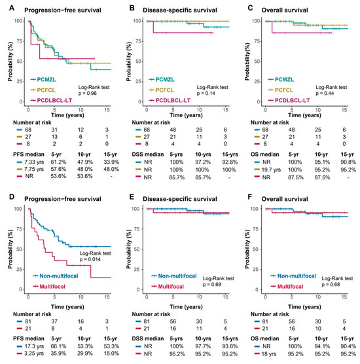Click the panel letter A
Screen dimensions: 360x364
(x=12, y=8)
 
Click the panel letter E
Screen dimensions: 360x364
(x=132, y=197)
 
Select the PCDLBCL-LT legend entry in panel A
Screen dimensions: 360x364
(x=51, y=100)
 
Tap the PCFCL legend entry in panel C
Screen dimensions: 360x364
(x=281, y=90)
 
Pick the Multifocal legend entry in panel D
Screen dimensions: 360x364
(x=49, y=287)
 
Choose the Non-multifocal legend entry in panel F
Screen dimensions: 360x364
(x=293, y=276)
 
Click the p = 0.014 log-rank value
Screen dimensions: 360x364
(x=90, y=259)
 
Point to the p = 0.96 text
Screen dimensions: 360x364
(x=87, y=94)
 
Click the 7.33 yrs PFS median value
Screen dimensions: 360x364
(x=34, y=162)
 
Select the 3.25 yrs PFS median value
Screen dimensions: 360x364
(x=34, y=354)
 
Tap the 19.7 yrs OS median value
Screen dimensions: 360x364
(x=271, y=170)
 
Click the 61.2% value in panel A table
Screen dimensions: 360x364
(x=58, y=162)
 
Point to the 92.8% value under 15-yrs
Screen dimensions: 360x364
(x=230, y=162)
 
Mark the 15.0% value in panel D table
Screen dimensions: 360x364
(x=111, y=354)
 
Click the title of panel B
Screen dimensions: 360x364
(x=180, y=10)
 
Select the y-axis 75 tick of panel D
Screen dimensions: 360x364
(x=20, y=229)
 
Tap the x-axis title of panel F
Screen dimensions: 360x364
(x=304, y=306)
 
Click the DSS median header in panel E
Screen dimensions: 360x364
(x=148, y=338)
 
